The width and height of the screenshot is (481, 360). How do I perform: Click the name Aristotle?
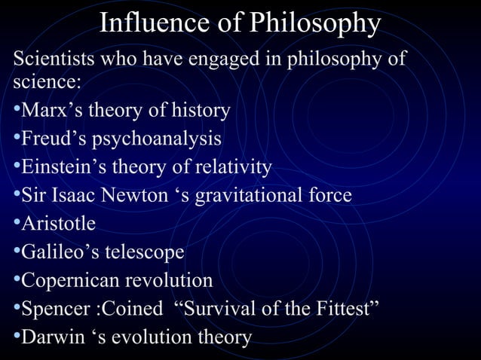[x=58, y=224]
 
